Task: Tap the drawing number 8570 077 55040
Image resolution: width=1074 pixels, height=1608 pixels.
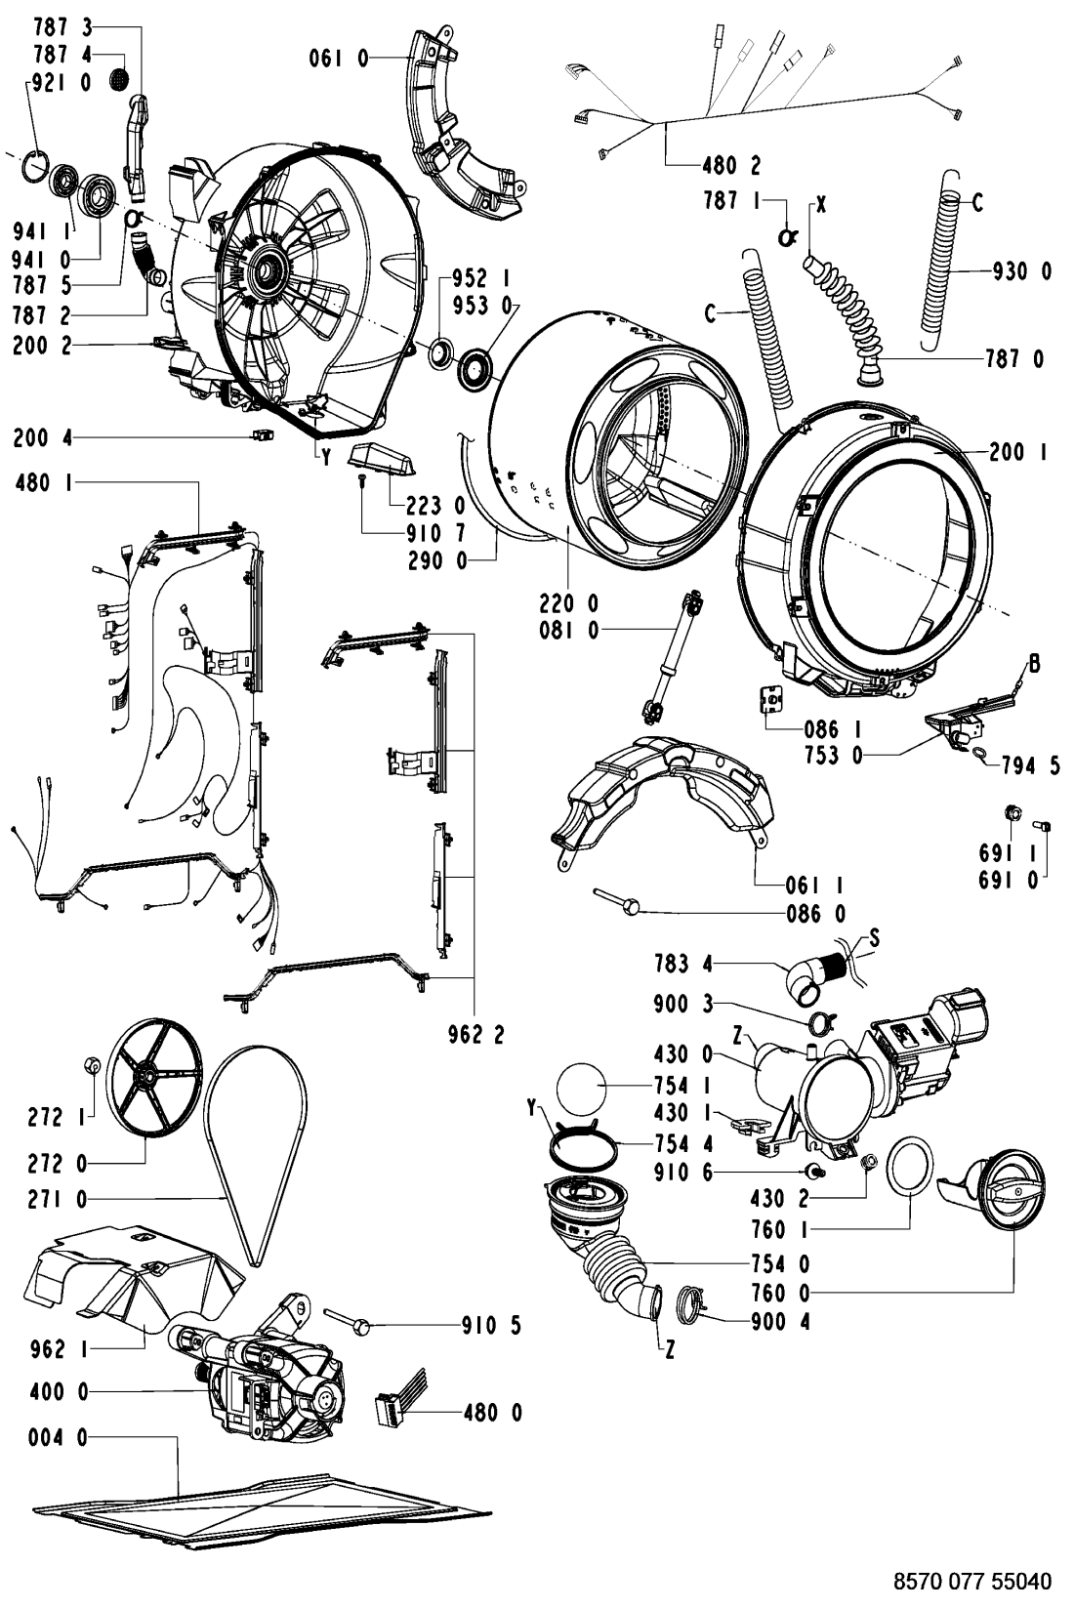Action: pos(972,1582)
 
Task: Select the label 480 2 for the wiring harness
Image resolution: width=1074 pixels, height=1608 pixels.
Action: pos(731,166)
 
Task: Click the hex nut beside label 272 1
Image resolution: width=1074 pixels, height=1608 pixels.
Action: pos(92,1066)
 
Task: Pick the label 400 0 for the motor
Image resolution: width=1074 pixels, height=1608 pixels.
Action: pos(59,1392)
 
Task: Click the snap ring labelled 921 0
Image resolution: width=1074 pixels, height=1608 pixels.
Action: pos(36,169)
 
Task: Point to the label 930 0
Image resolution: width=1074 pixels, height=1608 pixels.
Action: pos(1022,270)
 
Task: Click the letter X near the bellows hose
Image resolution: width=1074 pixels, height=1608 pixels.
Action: pos(820,205)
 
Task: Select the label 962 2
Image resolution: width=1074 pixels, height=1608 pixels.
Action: pos(475,1035)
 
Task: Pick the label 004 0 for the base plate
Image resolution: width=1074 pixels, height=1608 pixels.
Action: pos(59,1438)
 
